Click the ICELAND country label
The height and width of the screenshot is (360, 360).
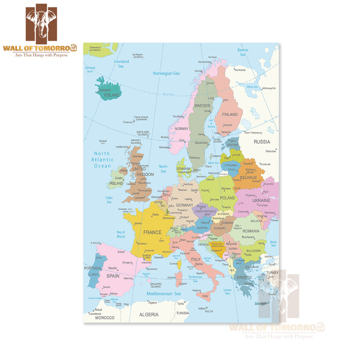pyautogui.click(x=111, y=95)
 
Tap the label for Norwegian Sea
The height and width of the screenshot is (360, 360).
pyautogui.click(x=166, y=73)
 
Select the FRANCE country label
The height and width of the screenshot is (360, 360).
pyautogui.click(x=152, y=232)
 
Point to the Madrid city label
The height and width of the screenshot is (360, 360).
pyautogui.click(x=113, y=268)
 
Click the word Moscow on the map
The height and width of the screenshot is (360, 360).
pyautogui.click(x=271, y=151)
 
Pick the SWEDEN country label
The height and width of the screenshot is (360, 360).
pyautogui.click(x=202, y=106)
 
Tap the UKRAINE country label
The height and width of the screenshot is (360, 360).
pyautogui.click(x=261, y=201)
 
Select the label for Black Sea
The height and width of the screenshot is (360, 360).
pyautogui.click(x=273, y=244)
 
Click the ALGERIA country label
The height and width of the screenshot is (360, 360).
pyautogui.click(x=149, y=314)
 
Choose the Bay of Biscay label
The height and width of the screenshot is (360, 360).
pyautogui.click(x=121, y=234)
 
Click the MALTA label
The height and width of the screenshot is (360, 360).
pyautogui.click(x=209, y=311)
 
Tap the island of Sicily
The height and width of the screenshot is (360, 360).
pyautogui.click(x=204, y=295)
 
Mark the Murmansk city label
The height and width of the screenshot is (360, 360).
pyautogui.click(x=240, y=70)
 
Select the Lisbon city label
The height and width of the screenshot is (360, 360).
pyautogui.click(x=94, y=274)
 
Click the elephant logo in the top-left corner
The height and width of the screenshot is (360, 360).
pyautogui.click(x=41, y=23)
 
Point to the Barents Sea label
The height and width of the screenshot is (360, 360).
pyautogui.click(x=243, y=52)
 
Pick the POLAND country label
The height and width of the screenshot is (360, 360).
pyautogui.click(x=227, y=198)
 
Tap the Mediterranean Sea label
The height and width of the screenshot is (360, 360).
pyautogui.click(x=164, y=294)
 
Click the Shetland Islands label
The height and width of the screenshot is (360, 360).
pyautogui.click(x=143, y=133)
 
